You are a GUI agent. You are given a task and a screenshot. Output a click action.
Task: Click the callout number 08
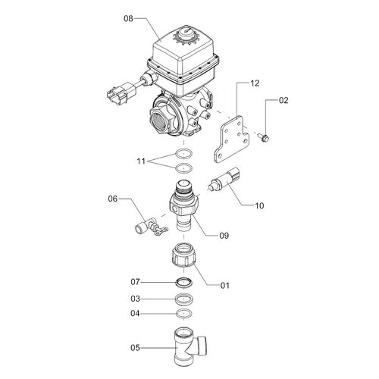[128, 19]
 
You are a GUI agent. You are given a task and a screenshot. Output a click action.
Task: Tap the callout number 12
[255, 83]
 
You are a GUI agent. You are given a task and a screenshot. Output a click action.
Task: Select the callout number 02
[283, 100]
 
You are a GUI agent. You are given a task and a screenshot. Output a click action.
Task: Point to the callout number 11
[141, 161]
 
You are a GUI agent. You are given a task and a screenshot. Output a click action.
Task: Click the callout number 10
[259, 205]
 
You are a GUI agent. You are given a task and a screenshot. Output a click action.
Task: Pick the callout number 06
[113, 199]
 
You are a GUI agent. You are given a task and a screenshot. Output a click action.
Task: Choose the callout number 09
[224, 236]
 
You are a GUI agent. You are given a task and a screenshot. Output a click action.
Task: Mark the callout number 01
[224, 286]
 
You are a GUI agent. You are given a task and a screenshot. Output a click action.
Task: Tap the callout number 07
[135, 282]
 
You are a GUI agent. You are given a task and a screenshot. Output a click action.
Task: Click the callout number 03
[135, 299]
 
